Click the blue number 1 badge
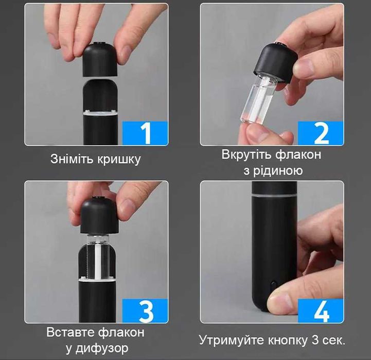tap(145, 133)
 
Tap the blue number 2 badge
tap(321, 133)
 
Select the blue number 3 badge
tap(145, 311)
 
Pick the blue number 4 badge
tap(321, 311)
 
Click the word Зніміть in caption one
tap(72, 159)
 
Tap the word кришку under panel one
tap(119, 160)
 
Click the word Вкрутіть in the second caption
tap(247, 155)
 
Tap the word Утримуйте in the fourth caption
tap(232, 341)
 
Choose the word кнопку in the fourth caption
tap(288, 341)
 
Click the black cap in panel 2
tap(276, 62)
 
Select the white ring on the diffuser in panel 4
tap(274, 196)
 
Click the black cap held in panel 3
tap(99, 215)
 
